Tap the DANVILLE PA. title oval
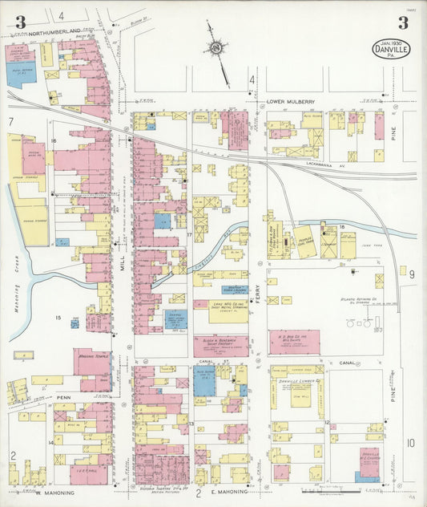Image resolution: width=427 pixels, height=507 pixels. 389,49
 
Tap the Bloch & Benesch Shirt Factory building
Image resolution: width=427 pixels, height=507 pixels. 220,346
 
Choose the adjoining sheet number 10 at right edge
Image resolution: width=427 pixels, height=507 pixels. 410,442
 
